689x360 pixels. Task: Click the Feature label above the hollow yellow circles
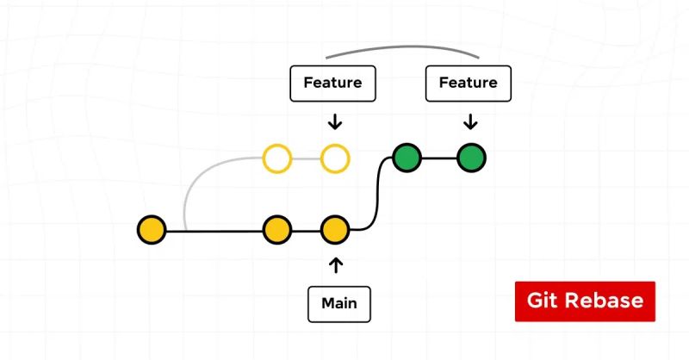pos(332,84)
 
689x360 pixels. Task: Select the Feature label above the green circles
pos(468,84)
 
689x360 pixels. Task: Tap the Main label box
pos(338,303)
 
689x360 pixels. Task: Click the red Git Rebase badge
pos(585,301)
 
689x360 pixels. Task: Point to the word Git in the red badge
pos(542,301)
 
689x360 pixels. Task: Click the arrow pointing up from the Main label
pos(336,264)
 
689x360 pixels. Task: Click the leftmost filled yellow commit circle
pos(152,230)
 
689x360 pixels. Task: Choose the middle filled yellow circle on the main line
pos(276,230)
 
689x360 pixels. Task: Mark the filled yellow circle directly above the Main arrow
pos(334,230)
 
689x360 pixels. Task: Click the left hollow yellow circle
pos(276,158)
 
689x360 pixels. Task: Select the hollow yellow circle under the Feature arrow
pos(334,158)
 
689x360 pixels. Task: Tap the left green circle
pos(407,158)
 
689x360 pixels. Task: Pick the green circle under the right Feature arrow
pos(471,158)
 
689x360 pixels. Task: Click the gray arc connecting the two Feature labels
pos(400,48)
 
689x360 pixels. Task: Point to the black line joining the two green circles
pos(438,158)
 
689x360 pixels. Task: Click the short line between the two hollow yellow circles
pos(306,158)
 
